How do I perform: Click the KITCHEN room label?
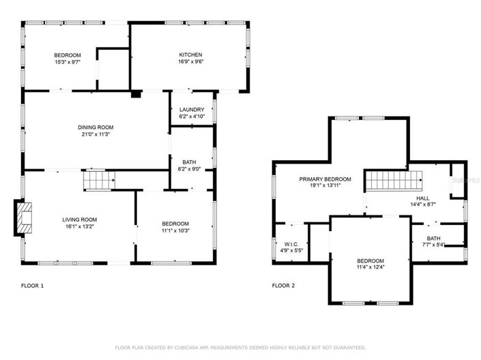pyautogui.click(x=190, y=55)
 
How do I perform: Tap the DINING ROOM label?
pyautogui.click(x=95, y=127)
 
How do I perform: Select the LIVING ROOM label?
pyautogui.click(x=80, y=220)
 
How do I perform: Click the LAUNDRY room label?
pyautogui.click(x=191, y=110)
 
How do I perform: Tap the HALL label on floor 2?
pyautogui.click(x=433, y=196)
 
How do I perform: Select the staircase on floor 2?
pyautogui.click(x=394, y=181)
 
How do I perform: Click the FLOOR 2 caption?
pyautogui.click(x=283, y=286)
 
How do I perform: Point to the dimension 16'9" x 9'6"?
pyautogui.click(x=190, y=62)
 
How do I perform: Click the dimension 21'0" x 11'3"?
pyautogui.click(x=95, y=134)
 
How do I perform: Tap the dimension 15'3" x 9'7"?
pyautogui.click(x=68, y=62)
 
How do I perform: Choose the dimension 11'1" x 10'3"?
pyautogui.click(x=175, y=231)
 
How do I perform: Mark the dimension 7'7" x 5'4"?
pyautogui.click(x=434, y=245)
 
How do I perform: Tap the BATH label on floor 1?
pyautogui.click(x=189, y=162)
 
